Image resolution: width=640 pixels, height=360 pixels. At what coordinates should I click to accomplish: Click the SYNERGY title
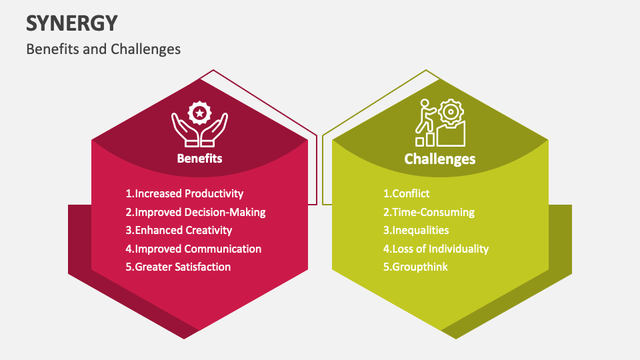tap(72, 23)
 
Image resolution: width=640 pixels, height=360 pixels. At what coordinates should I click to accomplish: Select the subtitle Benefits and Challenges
tap(103, 49)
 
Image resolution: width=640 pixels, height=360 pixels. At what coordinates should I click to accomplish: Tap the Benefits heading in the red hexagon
tap(199, 159)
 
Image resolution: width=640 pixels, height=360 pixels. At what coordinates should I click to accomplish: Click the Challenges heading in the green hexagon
tap(439, 159)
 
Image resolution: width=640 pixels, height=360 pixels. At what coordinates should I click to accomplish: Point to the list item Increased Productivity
tap(185, 193)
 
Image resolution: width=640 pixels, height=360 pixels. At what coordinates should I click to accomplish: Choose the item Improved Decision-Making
tap(195, 212)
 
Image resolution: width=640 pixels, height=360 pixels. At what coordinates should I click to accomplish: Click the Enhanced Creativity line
tap(179, 230)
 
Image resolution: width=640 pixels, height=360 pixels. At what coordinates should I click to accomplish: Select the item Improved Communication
tap(193, 249)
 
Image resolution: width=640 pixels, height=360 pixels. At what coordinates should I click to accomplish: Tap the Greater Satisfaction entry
tap(178, 267)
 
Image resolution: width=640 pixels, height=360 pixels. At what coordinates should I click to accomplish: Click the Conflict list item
tap(406, 193)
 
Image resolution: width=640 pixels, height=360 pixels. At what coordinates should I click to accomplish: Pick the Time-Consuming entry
tap(429, 212)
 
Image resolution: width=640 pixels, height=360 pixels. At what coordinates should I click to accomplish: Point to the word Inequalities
tap(421, 230)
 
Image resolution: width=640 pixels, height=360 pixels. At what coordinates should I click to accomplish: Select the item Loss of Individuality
tap(436, 249)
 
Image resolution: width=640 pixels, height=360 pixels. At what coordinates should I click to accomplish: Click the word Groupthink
tap(420, 267)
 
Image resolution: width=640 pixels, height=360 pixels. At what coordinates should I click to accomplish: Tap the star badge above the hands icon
tap(199, 113)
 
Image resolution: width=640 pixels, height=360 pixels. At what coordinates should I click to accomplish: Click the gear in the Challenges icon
tap(451, 111)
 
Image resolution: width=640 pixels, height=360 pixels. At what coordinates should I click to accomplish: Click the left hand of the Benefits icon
tap(185, 131)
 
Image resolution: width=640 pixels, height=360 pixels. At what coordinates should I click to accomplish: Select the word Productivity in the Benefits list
tap(214, 193)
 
